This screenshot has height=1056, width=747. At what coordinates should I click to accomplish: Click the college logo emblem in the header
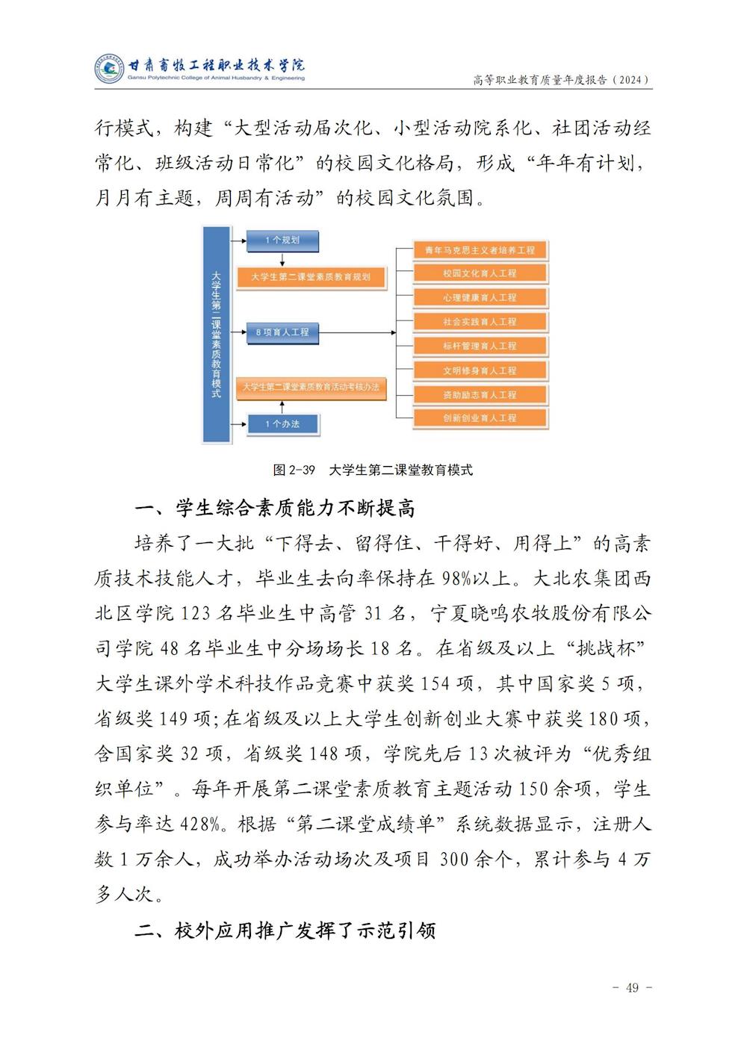109,69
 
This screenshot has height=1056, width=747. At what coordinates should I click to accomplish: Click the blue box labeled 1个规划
282,240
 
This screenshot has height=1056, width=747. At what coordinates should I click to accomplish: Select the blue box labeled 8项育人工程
282,332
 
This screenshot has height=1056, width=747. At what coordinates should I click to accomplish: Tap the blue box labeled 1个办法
282,424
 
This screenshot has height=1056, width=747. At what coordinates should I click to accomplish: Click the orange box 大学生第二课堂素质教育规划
310,277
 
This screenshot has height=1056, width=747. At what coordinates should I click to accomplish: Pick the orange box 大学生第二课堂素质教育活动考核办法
310,388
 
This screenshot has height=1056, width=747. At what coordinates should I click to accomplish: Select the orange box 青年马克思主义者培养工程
480,250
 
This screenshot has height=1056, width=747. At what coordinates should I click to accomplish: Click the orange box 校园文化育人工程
480,274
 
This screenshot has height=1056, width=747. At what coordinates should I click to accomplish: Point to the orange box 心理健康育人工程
480,298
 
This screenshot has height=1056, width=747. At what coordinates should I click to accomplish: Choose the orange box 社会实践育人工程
480,322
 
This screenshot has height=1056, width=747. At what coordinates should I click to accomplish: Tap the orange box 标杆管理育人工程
480,347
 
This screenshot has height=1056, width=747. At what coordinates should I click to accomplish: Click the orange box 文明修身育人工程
480,370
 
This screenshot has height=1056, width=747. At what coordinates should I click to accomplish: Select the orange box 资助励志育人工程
480,395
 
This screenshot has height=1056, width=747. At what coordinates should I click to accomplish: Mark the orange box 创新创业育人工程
480,418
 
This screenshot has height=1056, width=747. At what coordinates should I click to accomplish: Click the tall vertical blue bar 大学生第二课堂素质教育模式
216,334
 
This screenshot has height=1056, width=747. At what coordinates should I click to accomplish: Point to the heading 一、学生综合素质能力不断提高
275,509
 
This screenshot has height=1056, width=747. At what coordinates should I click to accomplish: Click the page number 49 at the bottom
632,988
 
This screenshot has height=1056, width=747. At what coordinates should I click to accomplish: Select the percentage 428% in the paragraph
200,824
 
